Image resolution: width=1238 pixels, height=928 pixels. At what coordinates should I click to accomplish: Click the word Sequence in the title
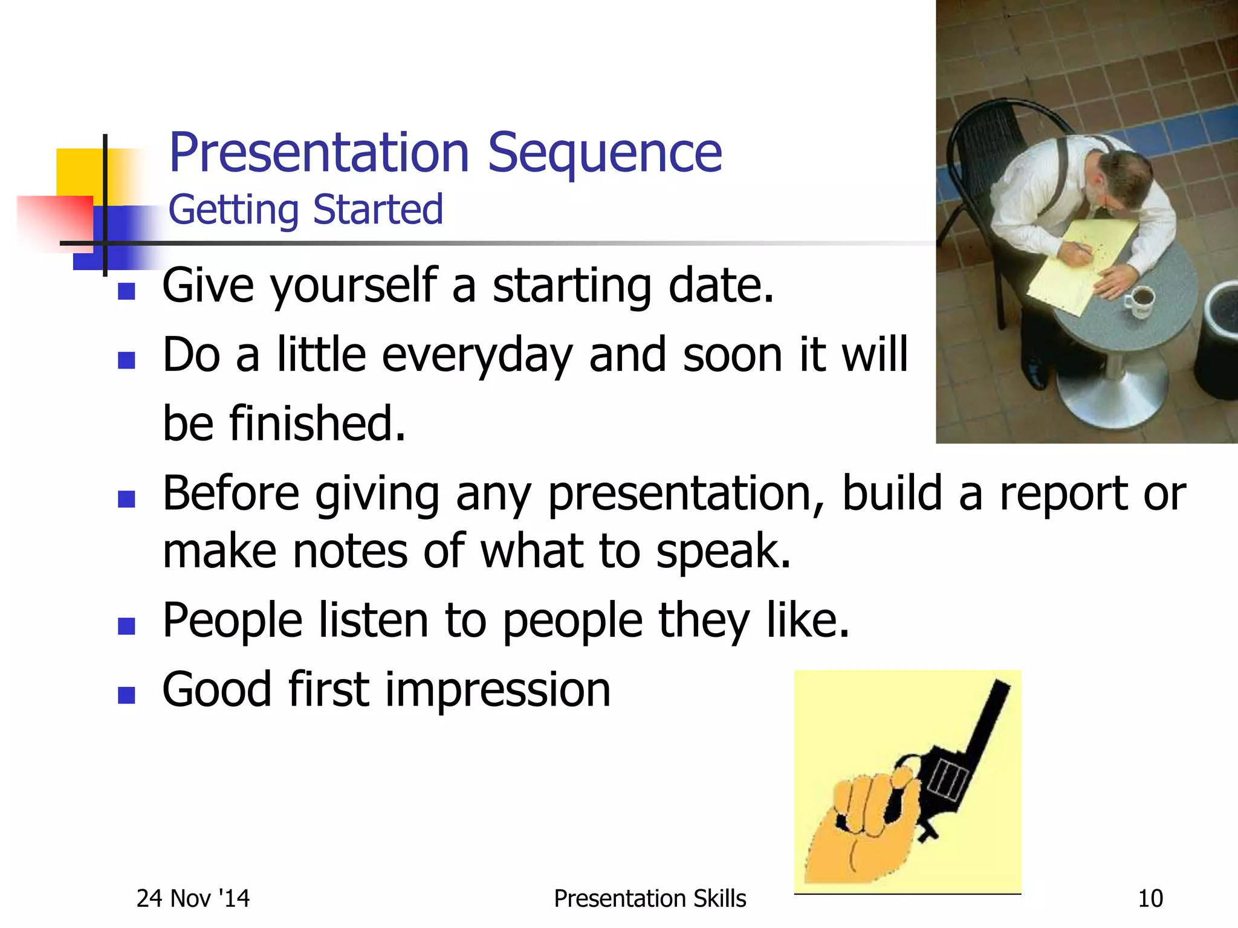click(x=604, y=154)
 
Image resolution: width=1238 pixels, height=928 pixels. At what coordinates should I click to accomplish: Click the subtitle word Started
click(x=378, y=210)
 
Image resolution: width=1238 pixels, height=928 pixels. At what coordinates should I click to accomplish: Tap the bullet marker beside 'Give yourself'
click(x=126, y=292)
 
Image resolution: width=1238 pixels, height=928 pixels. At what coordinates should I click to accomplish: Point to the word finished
click(x=317, y=424)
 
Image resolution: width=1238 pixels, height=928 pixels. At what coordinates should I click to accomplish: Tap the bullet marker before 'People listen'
click(x=126, y=626)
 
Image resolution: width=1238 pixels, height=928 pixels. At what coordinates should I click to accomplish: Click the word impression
click(x=497, y=690)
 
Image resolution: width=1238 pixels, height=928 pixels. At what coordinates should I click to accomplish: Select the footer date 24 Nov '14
click(x=193, y=899)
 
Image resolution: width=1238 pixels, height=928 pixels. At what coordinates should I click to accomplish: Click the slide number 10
click(x=1150, y=899)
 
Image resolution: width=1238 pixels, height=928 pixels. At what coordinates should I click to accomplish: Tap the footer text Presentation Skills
click(x=650, y=899)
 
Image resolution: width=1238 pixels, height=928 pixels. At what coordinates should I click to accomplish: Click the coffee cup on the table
click(x=1139, y=300)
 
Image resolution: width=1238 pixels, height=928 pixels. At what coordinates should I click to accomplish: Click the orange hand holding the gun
click(x=864, y=828)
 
